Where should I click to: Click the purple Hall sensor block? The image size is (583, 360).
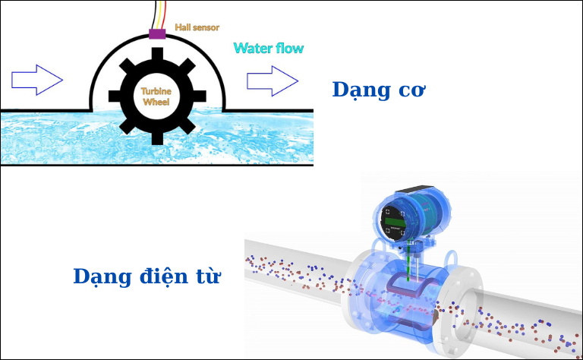157,33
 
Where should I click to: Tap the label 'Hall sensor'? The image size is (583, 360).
197,27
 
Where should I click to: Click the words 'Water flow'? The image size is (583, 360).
268,49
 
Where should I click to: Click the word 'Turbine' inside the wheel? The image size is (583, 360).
156,90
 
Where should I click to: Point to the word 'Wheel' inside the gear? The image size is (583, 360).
156,102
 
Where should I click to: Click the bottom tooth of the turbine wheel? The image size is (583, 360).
156,137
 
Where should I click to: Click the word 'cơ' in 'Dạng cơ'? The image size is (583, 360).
411,90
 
